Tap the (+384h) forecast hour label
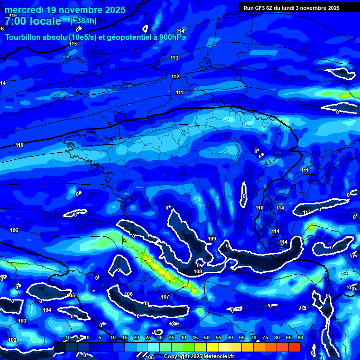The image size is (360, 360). tap(83, 21)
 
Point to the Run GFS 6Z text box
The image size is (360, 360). tap(292, 8)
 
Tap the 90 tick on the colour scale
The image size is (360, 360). tap(300, 337)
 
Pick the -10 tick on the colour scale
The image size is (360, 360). tap(67, 337)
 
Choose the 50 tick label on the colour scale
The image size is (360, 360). tap(207, 337)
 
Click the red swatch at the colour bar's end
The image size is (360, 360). tap(294, 347)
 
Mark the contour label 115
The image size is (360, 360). tap(73, 44)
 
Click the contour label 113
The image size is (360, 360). tap(174, 58)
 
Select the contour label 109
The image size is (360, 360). tap(212, 239)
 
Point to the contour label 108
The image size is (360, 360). tap(198, 271)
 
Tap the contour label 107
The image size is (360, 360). tap(165, 297)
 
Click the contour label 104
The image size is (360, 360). tap(47, 310)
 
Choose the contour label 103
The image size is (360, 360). tap(22, 321)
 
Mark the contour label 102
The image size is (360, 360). tap(12, 340)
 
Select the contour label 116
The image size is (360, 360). tap(13, 15)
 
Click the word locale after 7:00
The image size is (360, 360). tap(44, 21)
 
